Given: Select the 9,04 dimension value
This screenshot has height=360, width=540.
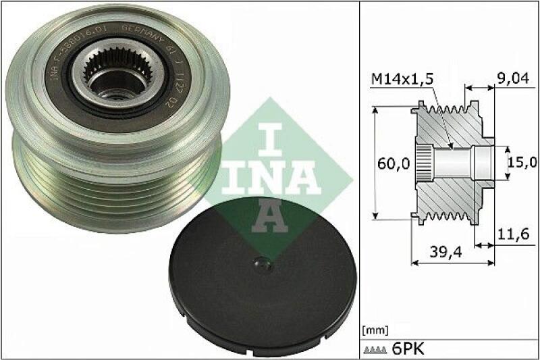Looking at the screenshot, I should (514, 79).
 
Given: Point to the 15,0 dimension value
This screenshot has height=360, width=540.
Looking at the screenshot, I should (523, 162).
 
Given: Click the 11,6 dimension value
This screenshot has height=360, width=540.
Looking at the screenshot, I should (513, 234).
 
